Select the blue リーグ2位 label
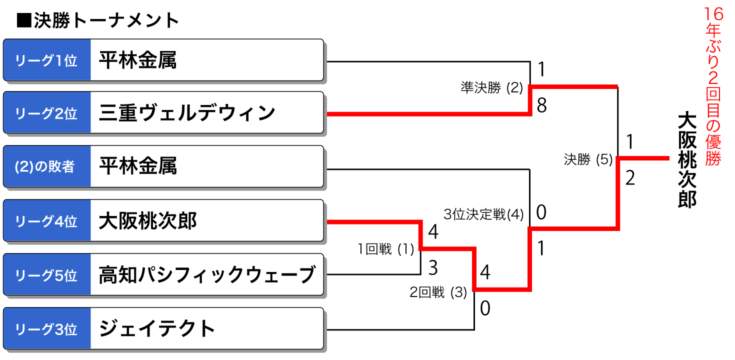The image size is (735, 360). click(x=47, y=113)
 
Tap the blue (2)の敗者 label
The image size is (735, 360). click(x=47, y=167)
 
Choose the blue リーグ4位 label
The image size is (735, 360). click(x=47, y=221)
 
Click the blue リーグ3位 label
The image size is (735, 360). click(x=47, y=329)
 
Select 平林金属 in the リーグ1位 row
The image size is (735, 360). click(x=137, y=60)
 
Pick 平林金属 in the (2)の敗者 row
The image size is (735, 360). click(x=137, y=167)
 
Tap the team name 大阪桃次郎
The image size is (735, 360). click(x=147, y=221)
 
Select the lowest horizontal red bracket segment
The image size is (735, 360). click(x=501, y=289)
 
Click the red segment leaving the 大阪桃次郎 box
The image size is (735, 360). click(x=372, y=221)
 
